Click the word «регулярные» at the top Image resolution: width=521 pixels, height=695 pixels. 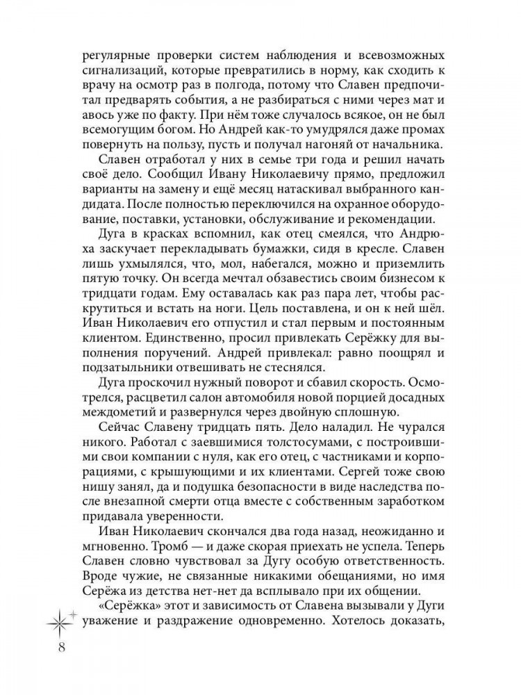(x=117, y=56)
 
